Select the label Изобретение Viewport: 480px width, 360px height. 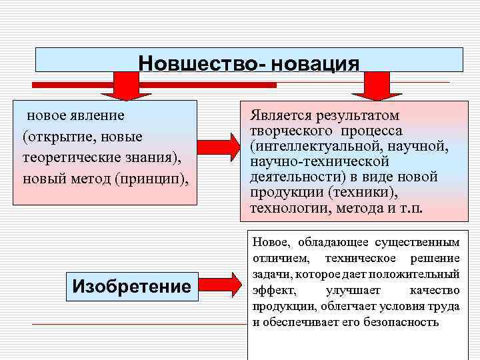131,287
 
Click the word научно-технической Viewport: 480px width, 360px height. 319,161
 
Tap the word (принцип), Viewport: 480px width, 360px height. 142,179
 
